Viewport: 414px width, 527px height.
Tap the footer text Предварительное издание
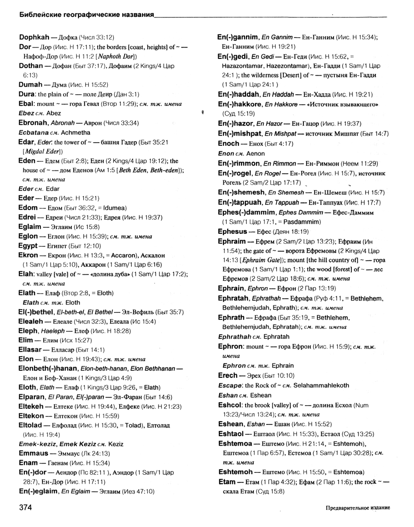pyautogui.click(x=357, y=509)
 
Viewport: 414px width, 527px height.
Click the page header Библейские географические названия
pyautogui.click(x=87, y=16)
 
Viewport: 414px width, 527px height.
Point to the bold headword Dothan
pyautogui.click(x=31, y=65)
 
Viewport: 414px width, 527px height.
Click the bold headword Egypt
pyautogui.click(x=30, y=245)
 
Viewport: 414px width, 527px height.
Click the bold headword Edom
pyautogui.click(x=29, y=207)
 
